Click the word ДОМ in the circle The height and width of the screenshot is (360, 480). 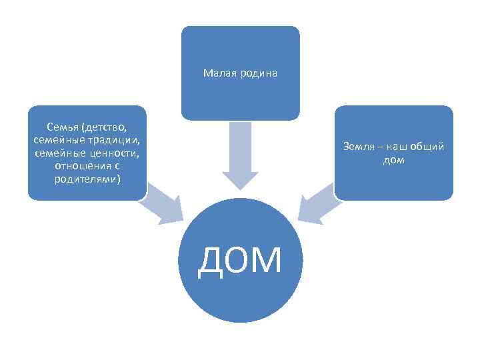pyautogui.click(x=240, y=260)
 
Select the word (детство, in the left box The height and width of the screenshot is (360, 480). pyautogui.click(x=103, y=126)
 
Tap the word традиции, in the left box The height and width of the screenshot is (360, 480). pyautogui.click(x=115, y=140)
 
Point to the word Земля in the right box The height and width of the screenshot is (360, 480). pyautogui.click(x=359, y=147)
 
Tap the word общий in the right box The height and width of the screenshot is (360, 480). pyautogui.click(x=428, y=147)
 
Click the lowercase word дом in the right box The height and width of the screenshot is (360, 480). pyautogui.click(x=393, y=160)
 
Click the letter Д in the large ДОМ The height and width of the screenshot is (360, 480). pyautogui.click(x=212, y=261)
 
